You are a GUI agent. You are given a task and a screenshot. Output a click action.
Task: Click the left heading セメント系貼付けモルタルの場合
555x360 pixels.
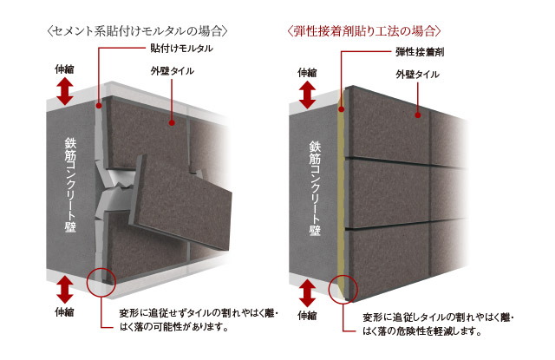137,31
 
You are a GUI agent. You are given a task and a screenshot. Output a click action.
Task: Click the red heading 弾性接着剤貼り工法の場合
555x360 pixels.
364,31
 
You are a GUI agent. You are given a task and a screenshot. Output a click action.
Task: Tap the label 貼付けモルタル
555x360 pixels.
181,49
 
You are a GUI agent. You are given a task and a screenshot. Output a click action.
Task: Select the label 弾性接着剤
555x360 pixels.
420,52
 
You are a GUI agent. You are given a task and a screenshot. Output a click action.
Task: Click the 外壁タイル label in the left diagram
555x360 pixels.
172,71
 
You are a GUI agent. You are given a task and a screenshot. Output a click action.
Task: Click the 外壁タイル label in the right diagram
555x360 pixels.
417,75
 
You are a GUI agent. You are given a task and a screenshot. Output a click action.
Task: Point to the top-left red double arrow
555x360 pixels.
65,91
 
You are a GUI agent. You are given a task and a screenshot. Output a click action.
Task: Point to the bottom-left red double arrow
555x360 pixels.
65,290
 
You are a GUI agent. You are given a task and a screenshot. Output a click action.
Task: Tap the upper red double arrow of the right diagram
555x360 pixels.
307,95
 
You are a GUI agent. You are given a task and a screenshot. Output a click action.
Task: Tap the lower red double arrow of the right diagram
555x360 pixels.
307,293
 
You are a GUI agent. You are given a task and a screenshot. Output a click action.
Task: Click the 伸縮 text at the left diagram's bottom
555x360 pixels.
64,312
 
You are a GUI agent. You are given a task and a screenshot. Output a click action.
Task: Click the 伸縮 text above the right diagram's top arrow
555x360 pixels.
307,73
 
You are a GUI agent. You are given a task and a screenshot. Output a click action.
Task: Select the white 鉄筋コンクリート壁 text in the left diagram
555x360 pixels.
70,185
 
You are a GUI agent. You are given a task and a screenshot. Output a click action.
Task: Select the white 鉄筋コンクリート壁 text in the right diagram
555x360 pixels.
315,188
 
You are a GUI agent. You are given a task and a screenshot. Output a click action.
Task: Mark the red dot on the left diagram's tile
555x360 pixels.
172,123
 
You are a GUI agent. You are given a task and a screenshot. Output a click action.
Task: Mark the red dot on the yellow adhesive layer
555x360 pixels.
341,109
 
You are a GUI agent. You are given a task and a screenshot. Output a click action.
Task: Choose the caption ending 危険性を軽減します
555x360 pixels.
438,324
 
